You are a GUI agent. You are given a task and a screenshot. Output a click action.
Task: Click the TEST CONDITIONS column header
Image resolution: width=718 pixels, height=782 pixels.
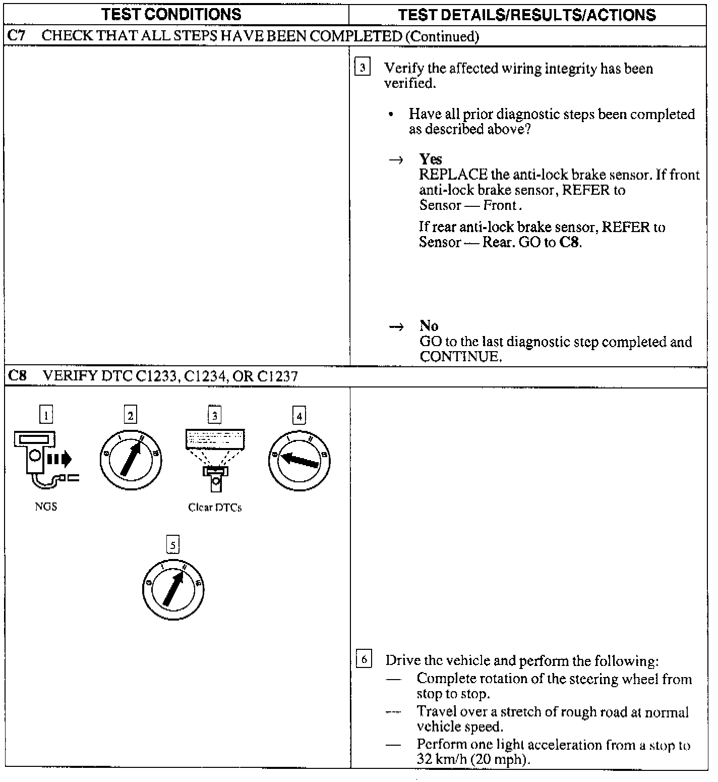tap(171, 14)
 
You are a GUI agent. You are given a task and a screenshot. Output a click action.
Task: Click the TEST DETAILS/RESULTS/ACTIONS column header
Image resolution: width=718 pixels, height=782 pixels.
tap(527, 15)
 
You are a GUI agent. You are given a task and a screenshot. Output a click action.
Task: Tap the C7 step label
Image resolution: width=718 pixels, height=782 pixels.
tap(17, 36)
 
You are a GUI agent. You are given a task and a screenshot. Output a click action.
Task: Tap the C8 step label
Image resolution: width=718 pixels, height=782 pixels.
tap(17, 376)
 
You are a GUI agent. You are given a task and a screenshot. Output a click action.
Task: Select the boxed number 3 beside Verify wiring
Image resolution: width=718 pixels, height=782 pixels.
tap(363, 67)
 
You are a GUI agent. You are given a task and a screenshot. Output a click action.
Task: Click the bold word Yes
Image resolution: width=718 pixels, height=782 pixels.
tap(431, 159)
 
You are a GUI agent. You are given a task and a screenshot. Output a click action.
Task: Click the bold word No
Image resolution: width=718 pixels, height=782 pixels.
tap(429, 326)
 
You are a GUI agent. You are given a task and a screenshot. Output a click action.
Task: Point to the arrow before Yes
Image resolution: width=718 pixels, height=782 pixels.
tap(396, 160)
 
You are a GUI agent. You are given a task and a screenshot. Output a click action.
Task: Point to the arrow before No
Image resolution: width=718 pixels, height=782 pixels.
tap(396, 327)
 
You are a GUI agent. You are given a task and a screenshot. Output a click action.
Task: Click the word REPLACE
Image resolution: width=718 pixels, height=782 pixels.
tap(453, 175)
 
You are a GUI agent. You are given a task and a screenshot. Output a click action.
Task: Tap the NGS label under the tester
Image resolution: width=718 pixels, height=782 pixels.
tap(46, 507)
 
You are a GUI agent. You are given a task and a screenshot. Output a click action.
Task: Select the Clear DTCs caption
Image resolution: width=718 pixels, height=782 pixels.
tap(215, 508)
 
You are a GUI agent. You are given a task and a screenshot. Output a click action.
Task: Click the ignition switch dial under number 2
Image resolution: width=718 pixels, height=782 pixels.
tap(131, 459)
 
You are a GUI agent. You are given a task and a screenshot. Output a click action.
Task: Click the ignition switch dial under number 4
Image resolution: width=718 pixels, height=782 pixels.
tap(300, 459)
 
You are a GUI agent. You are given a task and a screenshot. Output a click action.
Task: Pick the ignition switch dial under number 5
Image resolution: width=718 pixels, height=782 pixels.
tap(173, 588)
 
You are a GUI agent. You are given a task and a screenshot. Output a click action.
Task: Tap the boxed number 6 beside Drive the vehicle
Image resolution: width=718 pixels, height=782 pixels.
tap(364, 659)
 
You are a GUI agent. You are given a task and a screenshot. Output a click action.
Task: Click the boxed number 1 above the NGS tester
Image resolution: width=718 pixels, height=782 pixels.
tap(46, 415)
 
